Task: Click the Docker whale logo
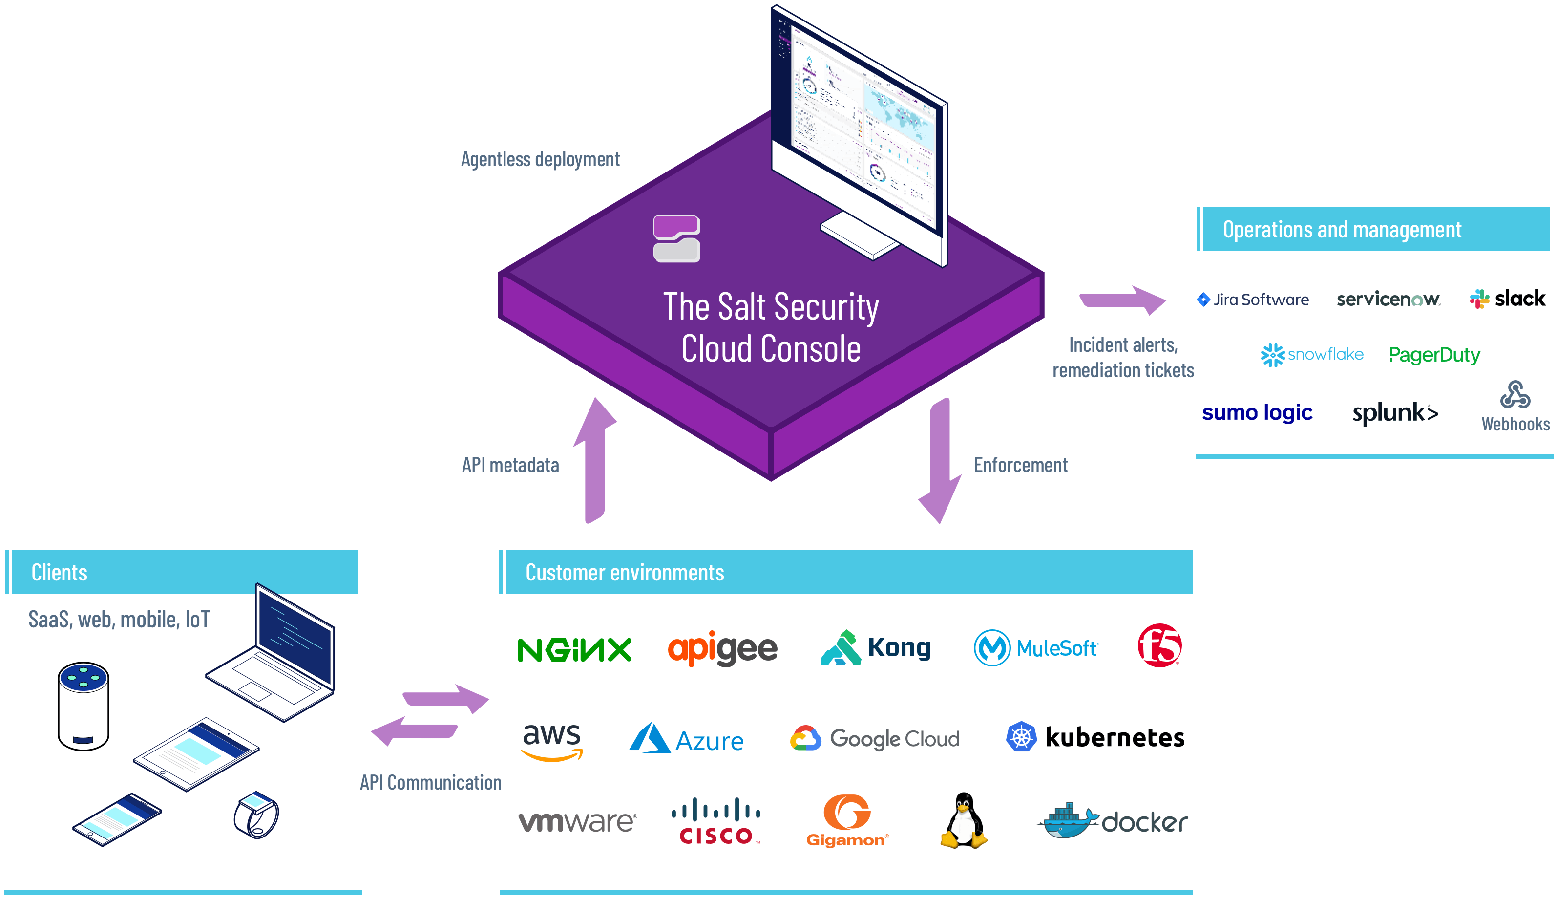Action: (1067, 821)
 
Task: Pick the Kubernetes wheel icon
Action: (1021, 737)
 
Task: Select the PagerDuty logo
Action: (1433, 355)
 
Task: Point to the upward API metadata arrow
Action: (595, 460)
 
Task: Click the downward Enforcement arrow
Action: (940, 460)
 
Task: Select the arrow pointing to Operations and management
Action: (1122, 300)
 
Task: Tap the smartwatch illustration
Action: (256, 815)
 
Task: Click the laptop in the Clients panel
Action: (278, 655)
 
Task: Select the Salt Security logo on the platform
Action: (676, 238)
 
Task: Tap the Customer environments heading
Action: (624, 572)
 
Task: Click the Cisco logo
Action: (715, 821)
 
